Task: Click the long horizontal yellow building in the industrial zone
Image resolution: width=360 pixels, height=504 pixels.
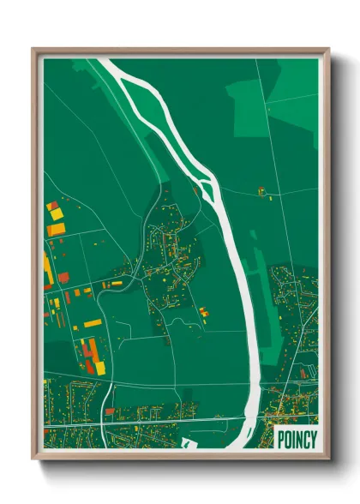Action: point(91,323)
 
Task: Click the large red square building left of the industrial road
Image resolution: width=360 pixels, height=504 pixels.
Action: point(63,277)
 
